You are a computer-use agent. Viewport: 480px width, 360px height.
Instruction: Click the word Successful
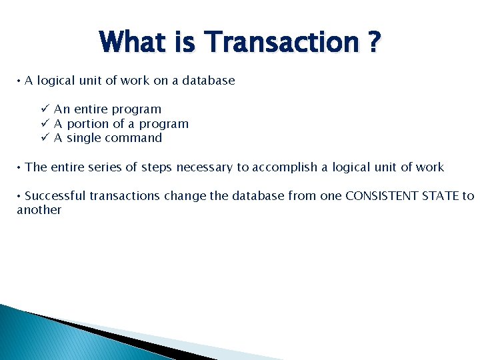[55, 195]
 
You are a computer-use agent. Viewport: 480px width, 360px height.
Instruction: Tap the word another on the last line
[39, 210]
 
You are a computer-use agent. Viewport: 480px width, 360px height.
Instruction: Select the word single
[85, 139]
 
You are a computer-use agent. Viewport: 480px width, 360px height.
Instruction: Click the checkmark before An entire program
[44, 109]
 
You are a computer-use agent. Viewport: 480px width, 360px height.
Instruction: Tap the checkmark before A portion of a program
[44, 123]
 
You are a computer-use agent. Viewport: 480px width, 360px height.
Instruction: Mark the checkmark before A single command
[44, 138]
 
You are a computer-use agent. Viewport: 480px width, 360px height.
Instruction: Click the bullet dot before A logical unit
[19, 81]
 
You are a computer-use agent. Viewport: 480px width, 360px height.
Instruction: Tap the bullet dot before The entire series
[19, 167]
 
